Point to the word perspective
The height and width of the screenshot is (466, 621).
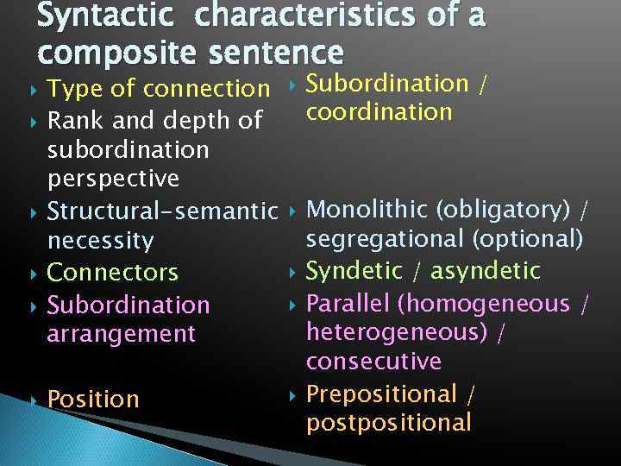tap(113, 179)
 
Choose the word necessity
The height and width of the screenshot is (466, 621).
tap(100, 241)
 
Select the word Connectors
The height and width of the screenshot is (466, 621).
tap(112, 273)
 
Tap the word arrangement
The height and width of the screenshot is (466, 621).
tap(120, 334)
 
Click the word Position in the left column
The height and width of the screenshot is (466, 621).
tap(93, 400)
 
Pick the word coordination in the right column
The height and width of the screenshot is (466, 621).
tap(379, 112)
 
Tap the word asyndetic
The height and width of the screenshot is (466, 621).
tap(485, 272)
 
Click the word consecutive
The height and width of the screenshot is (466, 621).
tap(373, 362)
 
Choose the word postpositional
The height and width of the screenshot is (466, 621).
tap(389, 423)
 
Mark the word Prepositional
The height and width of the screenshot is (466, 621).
tap(381, 394)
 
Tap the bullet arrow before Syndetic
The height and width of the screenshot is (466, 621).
tap(292, 272)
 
